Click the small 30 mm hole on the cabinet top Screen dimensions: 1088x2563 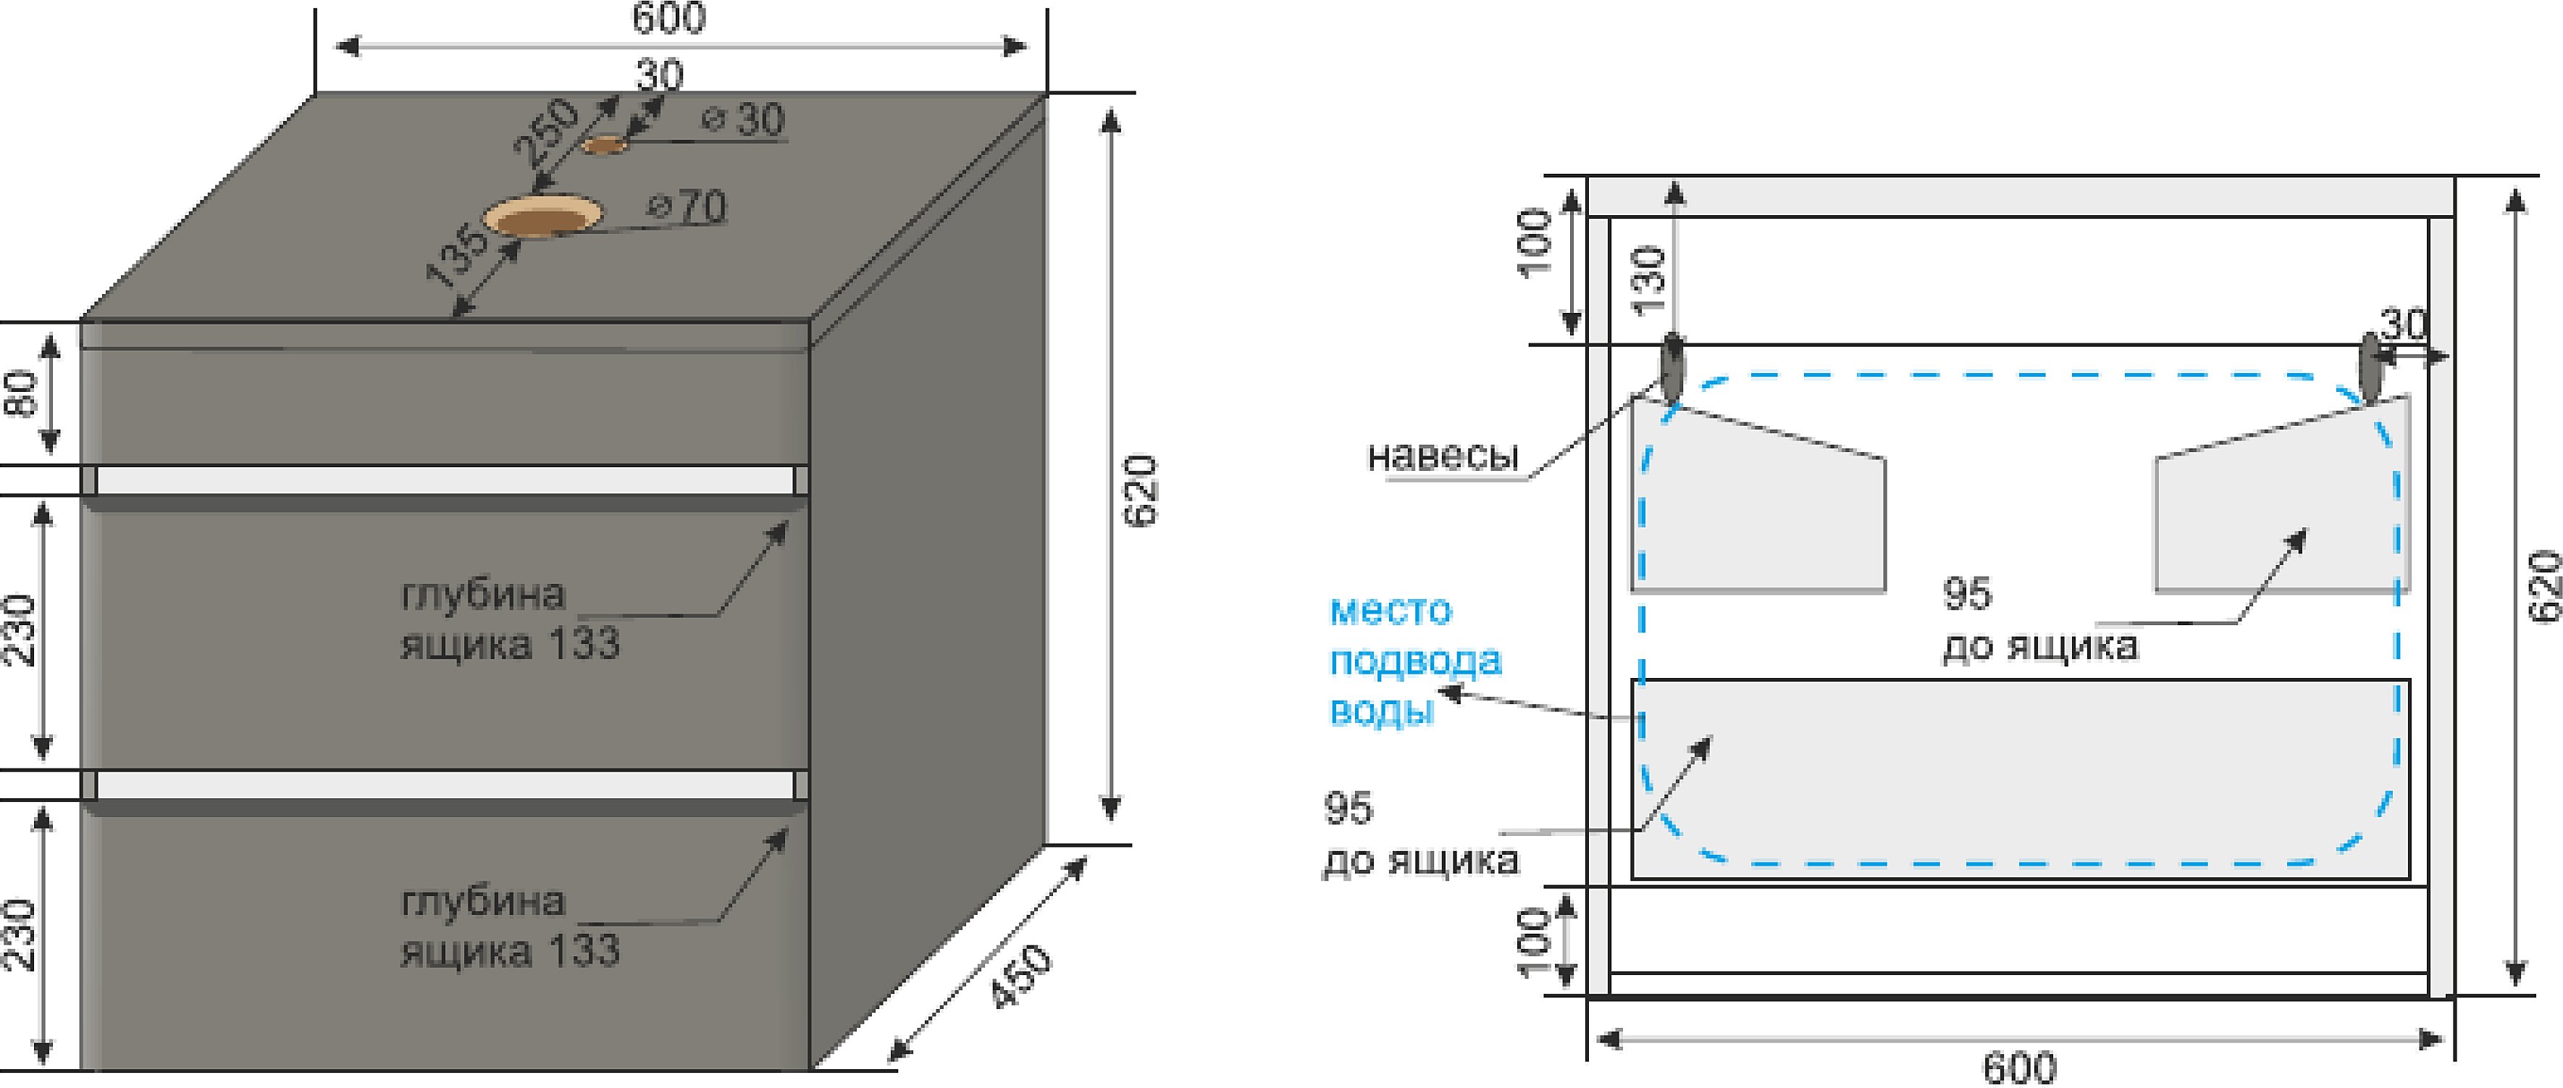(x=604, y=146)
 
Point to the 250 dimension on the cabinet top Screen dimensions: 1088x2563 (x=545, y=130)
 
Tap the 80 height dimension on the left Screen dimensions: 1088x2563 (x=22, y=393)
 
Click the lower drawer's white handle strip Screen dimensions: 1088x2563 (x=445, y=785)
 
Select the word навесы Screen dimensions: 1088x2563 (x=1443, y=456)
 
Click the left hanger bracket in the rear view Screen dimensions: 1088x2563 (x=1671, y=369)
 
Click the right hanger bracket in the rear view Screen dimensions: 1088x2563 (x=2372, y=368)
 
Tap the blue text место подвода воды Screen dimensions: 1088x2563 (x=1413, y=660)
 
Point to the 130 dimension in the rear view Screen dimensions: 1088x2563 (x=1648, y=280)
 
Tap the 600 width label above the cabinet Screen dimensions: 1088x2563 (x=668, y=18)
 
